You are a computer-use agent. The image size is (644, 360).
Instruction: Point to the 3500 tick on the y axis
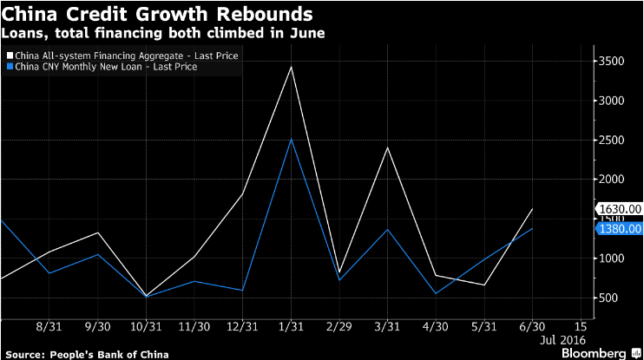(612, 61)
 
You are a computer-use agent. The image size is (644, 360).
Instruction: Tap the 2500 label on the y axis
(612, 140)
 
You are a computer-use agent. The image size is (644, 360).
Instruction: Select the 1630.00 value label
(620, 208)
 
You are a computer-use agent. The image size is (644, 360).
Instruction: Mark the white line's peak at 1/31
(292, 66)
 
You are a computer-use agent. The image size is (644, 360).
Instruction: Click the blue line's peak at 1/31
(292, 139)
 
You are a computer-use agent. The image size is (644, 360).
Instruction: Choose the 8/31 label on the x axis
(50, 326)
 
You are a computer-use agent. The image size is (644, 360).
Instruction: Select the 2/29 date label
(340, 326)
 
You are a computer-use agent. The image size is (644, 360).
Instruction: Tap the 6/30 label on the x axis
(532, 326)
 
